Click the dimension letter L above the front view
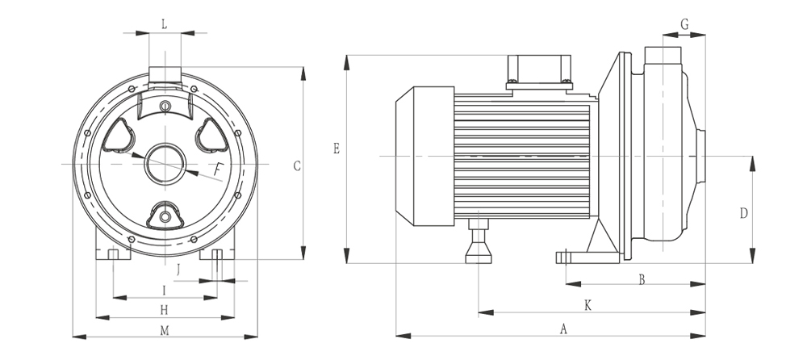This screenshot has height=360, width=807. [165, 23]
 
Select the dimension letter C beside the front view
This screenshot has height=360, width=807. [297, 166]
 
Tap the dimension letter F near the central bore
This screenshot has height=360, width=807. [219, 168]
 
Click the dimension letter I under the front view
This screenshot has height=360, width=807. [164, 289]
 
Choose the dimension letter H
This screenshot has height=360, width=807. [164, 309]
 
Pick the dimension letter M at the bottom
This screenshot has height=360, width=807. [165, 330]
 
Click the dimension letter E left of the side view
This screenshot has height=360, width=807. [337, 149]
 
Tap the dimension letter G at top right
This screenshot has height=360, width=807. [684, 24]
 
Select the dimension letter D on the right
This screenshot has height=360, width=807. [744, 213]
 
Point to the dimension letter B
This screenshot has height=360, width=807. [642, 279]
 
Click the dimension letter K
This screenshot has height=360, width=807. [587, 305]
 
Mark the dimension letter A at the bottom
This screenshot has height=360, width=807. [563, 329]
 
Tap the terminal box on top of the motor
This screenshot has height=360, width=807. [540, 69]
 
